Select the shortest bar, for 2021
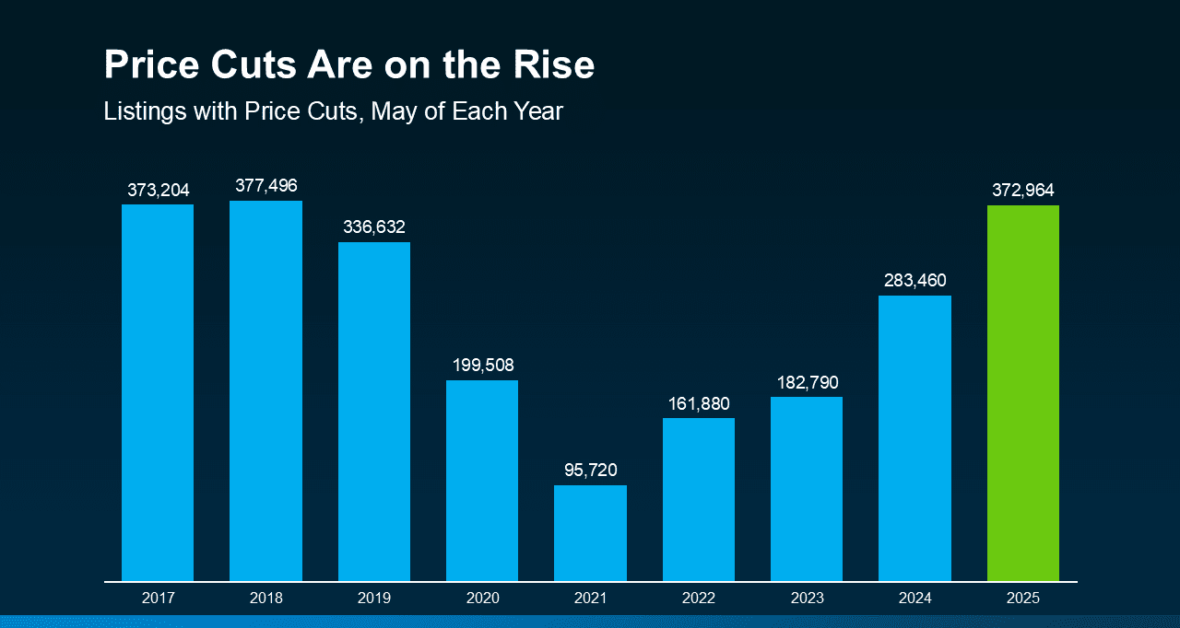(x=590, y=533)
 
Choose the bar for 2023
(x=807, y=489)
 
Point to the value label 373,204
(x=158, y=191)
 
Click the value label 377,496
(x=265, y=186)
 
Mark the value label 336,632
(x=373, y=227)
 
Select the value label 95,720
(x=590, y=471)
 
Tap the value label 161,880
(x=699, y=403)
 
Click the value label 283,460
(x=914, y=281)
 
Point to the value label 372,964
(x=1022, y=191)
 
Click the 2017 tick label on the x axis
(x=158, y=599)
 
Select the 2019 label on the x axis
(x=373, y=599)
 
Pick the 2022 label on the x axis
(x=699, y=599)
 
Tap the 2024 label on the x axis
(x=914, y=599)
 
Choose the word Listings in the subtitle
(x=141, y=112)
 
